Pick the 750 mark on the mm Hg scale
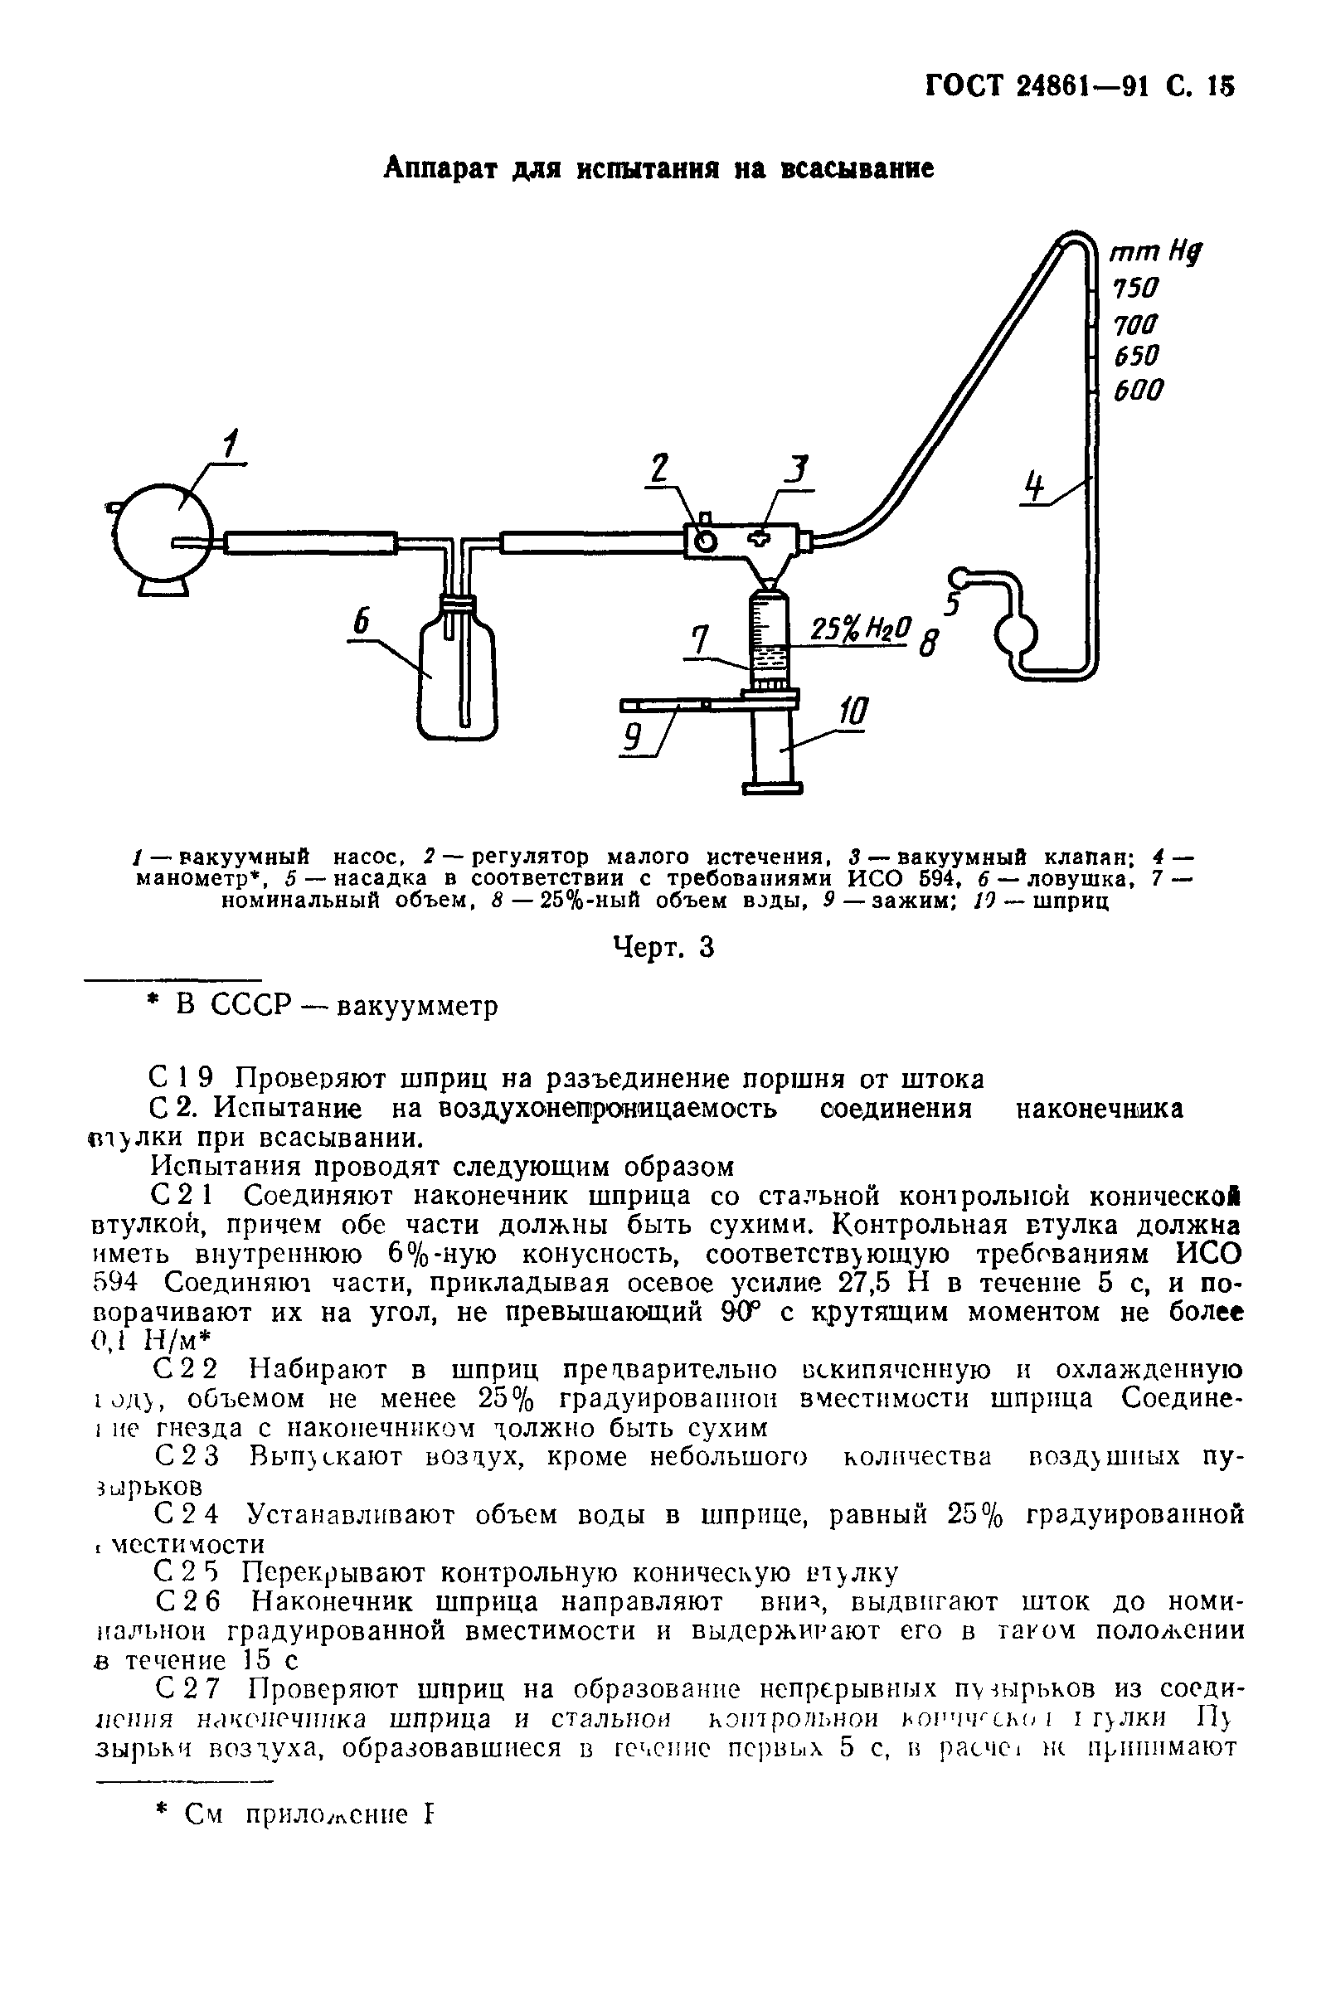pyautogui.click(x=1136, y=289)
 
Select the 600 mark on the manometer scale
pyautogui.click(x=1138, y=391)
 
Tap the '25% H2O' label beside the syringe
pyautogui.click(x=860, y=629)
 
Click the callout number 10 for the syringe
pyautogui.click(x=853, y=711)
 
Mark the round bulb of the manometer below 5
pyautogui.click(x=1015, y=632)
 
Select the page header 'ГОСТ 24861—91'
pyautogui.click(x=1033, y=86)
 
